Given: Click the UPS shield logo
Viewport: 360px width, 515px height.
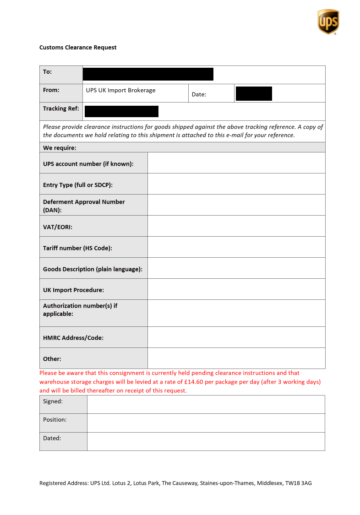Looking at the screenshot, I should pos(328,22).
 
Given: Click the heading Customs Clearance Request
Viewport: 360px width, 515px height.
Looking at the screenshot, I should pos(78,48).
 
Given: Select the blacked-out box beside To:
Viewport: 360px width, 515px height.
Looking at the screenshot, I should pos(148,74).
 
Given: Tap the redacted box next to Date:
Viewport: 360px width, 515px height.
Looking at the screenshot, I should pos(253,93).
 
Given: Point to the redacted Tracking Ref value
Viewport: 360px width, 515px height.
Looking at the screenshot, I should pos(121,111).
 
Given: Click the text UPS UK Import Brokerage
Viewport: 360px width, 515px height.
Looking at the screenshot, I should pos(120,90).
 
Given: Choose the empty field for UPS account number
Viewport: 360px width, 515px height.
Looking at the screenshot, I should pos(236,163).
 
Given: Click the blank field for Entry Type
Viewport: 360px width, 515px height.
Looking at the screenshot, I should pos(236,184).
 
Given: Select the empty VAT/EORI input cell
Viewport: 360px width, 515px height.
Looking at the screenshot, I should pos(236,226).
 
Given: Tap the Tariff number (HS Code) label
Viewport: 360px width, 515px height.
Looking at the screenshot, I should pos(77,248).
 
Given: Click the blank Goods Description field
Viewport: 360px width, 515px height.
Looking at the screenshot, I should pos(236,268).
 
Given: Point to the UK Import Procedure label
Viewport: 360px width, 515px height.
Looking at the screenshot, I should pos(73,290).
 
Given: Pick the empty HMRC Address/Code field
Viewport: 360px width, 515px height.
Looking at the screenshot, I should pos(236,337).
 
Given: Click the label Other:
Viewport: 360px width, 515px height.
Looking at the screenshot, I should pos(52,359).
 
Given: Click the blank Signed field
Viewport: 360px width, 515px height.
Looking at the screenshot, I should pos(206,405).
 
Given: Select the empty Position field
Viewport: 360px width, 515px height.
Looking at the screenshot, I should pos(206,423).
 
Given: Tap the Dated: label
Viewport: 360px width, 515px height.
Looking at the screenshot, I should pos(52,438).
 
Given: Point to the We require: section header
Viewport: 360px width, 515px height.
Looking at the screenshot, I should pos(60,148).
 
